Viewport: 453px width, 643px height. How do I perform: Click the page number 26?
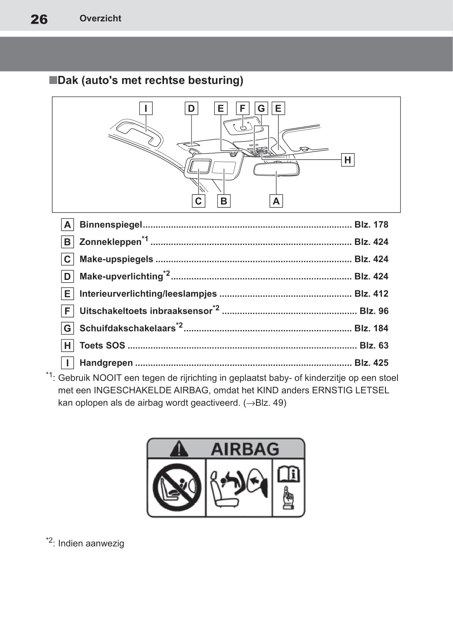39,19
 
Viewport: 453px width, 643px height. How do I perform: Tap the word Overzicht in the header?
100,18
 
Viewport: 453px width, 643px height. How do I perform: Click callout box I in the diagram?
146,108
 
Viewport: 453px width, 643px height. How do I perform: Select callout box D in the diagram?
191,108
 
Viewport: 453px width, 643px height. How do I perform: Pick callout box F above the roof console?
242,108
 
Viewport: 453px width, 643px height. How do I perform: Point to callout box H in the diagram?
348,160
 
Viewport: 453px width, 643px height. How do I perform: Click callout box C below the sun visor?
198,201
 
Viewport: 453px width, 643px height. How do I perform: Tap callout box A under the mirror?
276,201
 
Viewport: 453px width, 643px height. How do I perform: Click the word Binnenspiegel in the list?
111,225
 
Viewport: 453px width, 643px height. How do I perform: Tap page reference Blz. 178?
371,225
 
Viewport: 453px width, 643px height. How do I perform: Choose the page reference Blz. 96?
374,311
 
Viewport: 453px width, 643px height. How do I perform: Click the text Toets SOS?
102,346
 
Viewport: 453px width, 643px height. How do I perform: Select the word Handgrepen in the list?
106,363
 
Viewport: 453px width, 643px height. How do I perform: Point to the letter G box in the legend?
68,328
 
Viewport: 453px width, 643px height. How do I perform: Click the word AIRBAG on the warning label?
245,449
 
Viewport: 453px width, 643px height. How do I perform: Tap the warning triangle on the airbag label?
179,449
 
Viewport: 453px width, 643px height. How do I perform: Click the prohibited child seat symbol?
177,487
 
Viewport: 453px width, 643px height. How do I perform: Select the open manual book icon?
288,474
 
